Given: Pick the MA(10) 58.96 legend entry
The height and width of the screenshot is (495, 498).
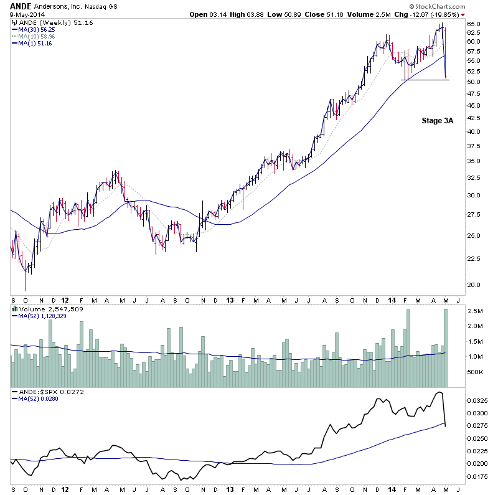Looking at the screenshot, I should (x=36, y=36).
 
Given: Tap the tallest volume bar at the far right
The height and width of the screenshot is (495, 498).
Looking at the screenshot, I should (x=446, y=349).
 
